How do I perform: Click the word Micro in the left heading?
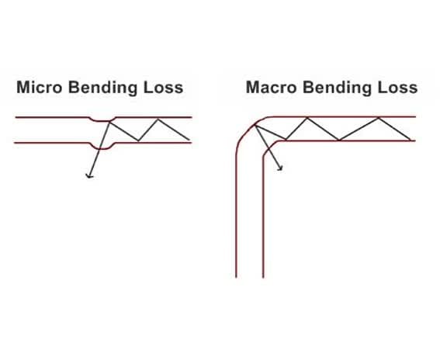(x=40, y=87)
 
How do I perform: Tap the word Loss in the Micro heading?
(x=163, y=87)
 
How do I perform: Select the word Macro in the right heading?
(x=271, y=87)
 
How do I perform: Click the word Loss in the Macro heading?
(x=397, y=87)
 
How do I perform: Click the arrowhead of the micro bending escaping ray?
(x=89, y=176)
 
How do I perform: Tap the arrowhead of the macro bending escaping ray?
(x=280, y=168)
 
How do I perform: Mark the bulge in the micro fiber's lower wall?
(x=102, y=147)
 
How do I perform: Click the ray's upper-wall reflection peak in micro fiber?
(x=158, y=119)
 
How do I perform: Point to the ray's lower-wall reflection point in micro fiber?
(x=138, y=140)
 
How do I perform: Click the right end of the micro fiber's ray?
(x=189, y=140)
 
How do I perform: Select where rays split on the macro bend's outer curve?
(x=255, y=126)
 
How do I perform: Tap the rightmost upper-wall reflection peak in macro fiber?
(x=378, y=118)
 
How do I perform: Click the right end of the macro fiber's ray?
(x=411, y=140)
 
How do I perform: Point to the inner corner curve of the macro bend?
(x=269, y=148)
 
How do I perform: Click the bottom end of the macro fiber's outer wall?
(x=236, y=277)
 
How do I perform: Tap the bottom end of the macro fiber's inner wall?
(x=263, y=277)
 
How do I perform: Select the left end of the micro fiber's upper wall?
(x=16, y=117)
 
